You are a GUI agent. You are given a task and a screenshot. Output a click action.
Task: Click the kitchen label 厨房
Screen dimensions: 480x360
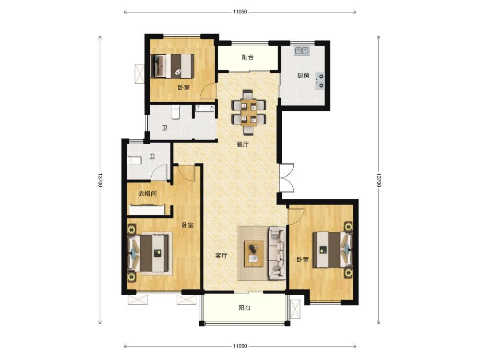[303, 76]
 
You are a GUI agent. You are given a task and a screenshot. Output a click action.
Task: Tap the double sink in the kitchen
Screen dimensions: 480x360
[302, 50]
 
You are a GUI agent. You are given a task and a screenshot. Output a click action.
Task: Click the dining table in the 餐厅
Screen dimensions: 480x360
[249, 113]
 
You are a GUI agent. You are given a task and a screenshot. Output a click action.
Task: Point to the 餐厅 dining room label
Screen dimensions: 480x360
[242, 144]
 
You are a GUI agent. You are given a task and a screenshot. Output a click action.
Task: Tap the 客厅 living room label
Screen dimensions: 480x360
[221, 255]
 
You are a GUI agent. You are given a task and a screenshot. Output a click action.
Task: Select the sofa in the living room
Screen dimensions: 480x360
[277, 253]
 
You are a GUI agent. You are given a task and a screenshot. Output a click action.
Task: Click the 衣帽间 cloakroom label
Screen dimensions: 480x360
[147, 193]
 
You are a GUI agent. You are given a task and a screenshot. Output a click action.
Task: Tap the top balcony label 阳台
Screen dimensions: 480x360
[247, 57]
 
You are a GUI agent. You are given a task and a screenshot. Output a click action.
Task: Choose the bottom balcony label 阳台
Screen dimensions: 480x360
[244, 308]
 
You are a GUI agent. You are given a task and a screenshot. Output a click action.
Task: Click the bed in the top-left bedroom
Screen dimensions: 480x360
[173, 66]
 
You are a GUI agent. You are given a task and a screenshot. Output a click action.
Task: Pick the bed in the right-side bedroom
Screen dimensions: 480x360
[333, 250]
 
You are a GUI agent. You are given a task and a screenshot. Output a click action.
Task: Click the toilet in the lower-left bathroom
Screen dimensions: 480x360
[133, 160]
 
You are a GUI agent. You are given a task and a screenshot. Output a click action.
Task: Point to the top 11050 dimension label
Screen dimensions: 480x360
[240, 12]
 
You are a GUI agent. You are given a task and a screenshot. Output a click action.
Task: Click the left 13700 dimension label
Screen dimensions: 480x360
[100, 180]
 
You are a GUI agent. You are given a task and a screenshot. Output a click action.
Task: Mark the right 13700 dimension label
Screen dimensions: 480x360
[379, 180]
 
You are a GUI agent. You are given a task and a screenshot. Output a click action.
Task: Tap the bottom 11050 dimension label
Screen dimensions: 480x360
[240, 346]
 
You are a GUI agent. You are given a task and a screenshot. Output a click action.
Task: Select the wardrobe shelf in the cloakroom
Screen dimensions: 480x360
[146, 210]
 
